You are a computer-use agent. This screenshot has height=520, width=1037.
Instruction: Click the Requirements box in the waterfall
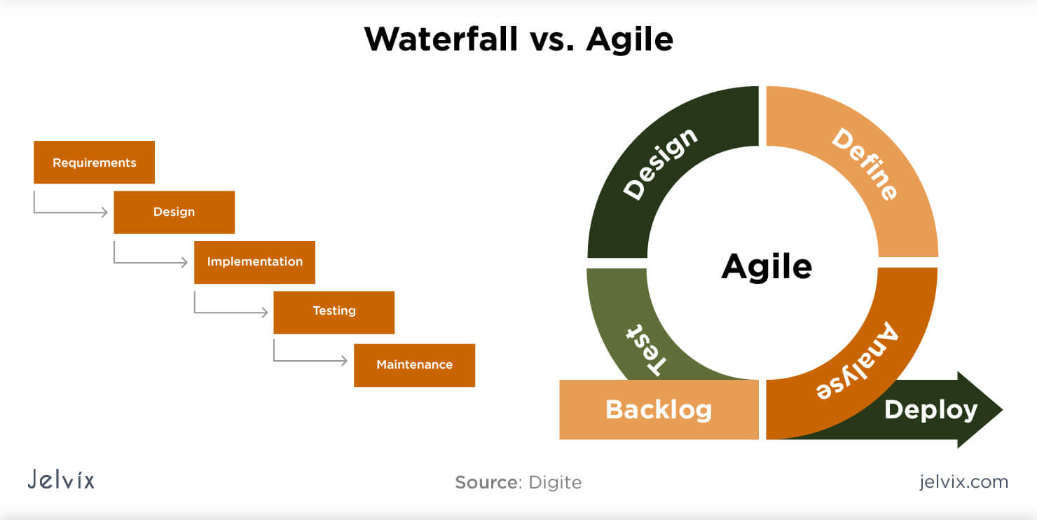94,163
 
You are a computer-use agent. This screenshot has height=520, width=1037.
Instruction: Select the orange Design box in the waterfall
174,212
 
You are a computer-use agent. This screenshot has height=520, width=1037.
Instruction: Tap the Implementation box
254,262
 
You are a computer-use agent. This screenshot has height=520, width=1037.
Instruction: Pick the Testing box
334,312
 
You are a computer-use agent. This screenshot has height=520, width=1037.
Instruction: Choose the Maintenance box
414,365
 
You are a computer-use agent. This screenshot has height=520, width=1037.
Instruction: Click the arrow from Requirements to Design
70,212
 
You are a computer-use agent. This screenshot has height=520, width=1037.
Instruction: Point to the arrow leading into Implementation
150,263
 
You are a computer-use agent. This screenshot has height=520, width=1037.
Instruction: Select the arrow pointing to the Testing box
231,312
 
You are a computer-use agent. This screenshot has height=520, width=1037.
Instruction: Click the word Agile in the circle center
767,267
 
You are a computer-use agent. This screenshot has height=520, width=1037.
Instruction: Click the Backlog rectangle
659,410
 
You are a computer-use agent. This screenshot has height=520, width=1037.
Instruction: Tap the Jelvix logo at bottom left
61,480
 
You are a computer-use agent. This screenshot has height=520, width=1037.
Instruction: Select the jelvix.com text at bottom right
963,482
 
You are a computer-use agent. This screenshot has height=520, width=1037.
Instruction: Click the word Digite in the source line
554,483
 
